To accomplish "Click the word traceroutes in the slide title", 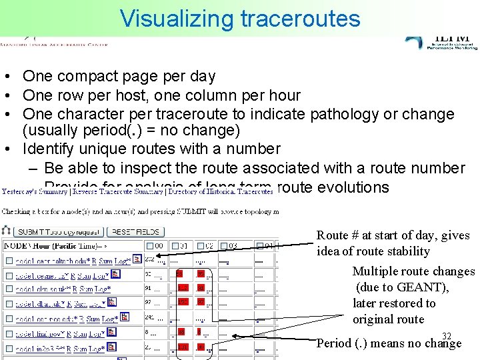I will coord(300,18).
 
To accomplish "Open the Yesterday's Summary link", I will coord(35,191).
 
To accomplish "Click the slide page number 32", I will coord(447,336).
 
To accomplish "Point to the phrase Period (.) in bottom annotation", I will coord(342,344).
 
